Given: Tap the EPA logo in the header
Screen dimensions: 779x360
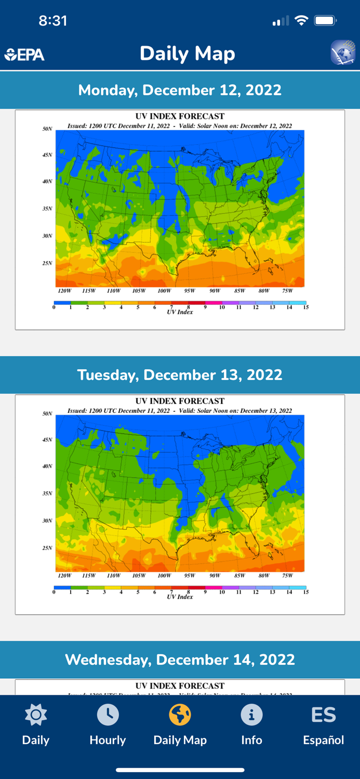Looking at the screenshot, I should (x=24, y=55).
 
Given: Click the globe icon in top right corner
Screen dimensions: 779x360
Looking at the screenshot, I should (x=343, y=52).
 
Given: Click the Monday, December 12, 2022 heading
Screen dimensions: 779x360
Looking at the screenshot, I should (x=180, y=90).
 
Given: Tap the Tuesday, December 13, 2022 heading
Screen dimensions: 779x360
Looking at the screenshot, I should (x=180, y=375).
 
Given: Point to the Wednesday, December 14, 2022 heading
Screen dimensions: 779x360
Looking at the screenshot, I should (x=180, y=660).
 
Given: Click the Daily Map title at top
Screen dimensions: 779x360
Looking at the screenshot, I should (x=187, y=53).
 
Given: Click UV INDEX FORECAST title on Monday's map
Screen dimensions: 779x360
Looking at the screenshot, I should (x=180, y=116).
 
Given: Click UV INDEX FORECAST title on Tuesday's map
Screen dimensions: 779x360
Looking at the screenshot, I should (x=180, y=401).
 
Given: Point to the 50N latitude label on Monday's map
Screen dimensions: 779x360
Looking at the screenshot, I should (x=47, y=129).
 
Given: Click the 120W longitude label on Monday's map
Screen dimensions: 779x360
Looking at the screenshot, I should (x=64, y=291).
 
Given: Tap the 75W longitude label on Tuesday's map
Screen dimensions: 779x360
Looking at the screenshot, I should (x=287, y=575).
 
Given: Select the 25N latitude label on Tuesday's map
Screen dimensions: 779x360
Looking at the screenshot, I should (x=47, y=548).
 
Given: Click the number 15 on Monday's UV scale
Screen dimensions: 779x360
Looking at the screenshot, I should (x=306, y=307).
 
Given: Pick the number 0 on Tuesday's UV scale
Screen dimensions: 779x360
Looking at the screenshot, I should (x=54, y=592).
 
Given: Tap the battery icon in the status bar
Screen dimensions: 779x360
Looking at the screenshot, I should (x=326, y=21).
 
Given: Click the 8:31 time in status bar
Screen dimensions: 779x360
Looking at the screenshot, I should (x=53, y=21).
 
